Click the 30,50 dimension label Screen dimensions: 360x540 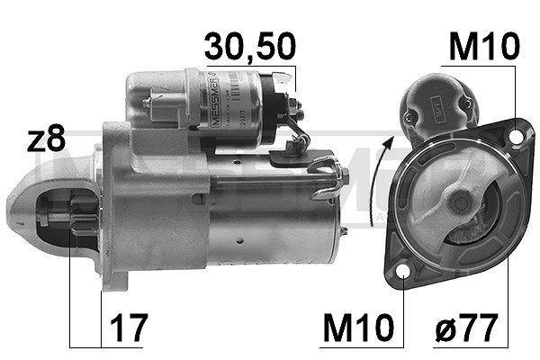point(249,46)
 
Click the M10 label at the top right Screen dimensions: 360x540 point(484,46)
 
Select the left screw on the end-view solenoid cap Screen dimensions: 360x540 point(410,117)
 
